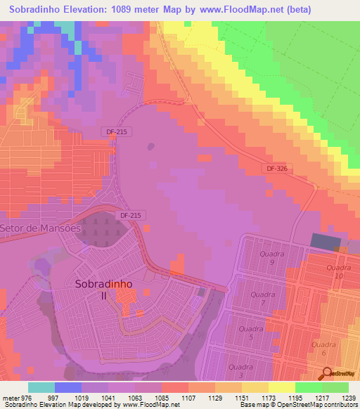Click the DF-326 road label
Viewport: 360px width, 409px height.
(x=278, y=169)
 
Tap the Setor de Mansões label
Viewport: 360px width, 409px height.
(x=41, y=228)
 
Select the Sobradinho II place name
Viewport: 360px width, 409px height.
(x=103, y=290)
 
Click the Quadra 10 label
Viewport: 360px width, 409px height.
(x=339, y=271)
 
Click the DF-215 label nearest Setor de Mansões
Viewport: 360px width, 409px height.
(x=131, y=216)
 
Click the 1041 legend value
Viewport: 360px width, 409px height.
(x=108, y=397)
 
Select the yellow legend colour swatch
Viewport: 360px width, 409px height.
(x=282, y=387)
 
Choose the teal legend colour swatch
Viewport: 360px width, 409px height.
(x=41, y=387)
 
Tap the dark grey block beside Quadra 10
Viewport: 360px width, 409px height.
(x=325, y=242)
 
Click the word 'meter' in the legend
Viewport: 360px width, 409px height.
(x=11, y=397)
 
